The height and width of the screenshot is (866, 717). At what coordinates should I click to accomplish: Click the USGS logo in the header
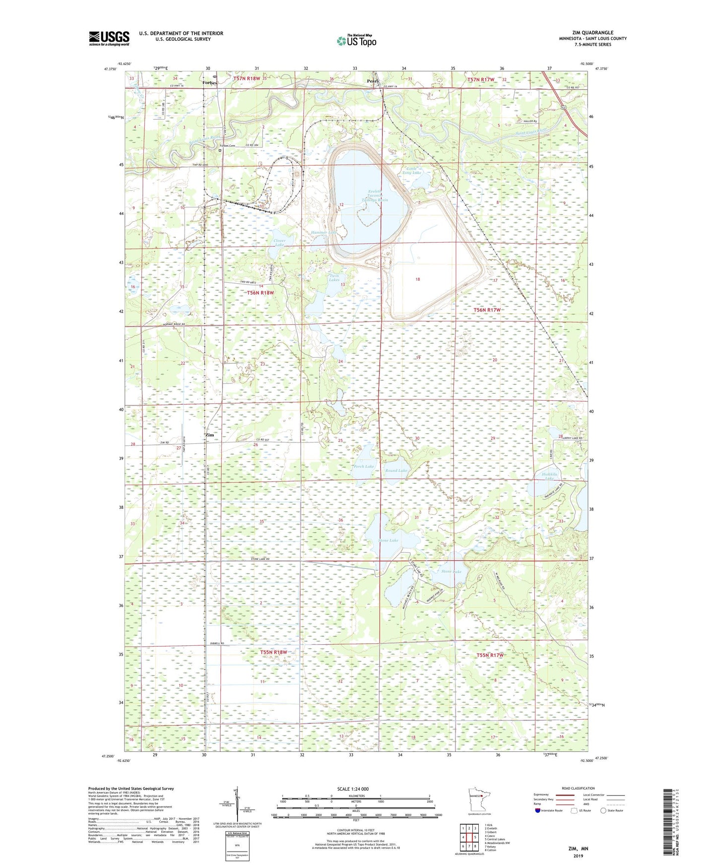(x=109, y=38)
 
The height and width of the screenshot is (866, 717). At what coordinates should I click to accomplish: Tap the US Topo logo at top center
(x=356, y=41)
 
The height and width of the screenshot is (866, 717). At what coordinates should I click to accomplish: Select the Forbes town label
(x=210, y=83)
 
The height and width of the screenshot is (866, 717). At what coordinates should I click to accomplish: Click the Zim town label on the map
(x=210, y=435)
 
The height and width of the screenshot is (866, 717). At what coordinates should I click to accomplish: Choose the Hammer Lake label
(x=324, y=232)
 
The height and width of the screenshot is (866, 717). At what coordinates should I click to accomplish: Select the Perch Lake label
(x=364, y=466)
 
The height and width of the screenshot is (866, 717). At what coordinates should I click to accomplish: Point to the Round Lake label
(x=396, y=470)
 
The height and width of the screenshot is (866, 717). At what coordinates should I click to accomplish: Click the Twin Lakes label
(x=334, y=278)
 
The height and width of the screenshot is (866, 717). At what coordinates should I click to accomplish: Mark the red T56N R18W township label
(x=261, y=293)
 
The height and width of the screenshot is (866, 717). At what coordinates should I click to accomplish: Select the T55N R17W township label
(x=490, y=655)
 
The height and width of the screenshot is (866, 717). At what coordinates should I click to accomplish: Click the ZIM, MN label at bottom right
(x=578, y=849)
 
